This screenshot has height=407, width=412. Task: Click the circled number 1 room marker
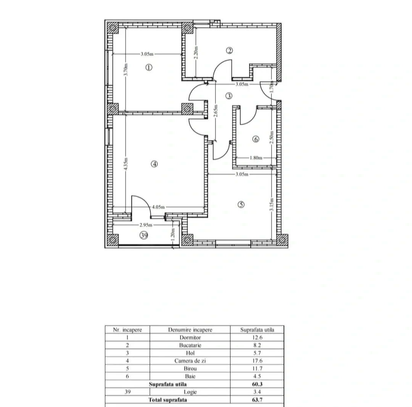click(149, 68)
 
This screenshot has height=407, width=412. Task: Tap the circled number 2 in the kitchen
click(229, 50)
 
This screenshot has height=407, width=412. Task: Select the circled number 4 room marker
click(154, 164)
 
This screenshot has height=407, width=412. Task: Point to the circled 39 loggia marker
click(144, 235)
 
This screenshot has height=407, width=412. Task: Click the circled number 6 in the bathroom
click(256, 139)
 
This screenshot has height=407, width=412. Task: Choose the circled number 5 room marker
click(241, 205)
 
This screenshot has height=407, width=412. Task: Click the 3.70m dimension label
click(126, 69)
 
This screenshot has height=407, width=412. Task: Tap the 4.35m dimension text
click(126, 164)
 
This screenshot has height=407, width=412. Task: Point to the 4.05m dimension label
click(158, 207)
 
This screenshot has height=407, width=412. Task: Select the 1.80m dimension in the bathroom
click(256, 158)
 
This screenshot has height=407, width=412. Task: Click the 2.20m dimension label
click(196, 53)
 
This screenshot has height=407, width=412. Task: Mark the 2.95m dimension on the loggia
click(146, 225)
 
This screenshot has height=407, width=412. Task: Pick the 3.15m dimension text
click(272, 204)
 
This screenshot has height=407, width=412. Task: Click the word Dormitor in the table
click(190, 338)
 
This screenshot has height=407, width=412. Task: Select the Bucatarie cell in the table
click(190, 345)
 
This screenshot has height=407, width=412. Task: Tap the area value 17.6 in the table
click(257, 361)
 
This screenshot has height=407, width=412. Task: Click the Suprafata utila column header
click(257, 330)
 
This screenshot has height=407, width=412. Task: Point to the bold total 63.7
click(257, 400)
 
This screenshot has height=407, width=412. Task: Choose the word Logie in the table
click(190, 392)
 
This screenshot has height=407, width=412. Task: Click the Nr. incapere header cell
click(127, 330)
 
